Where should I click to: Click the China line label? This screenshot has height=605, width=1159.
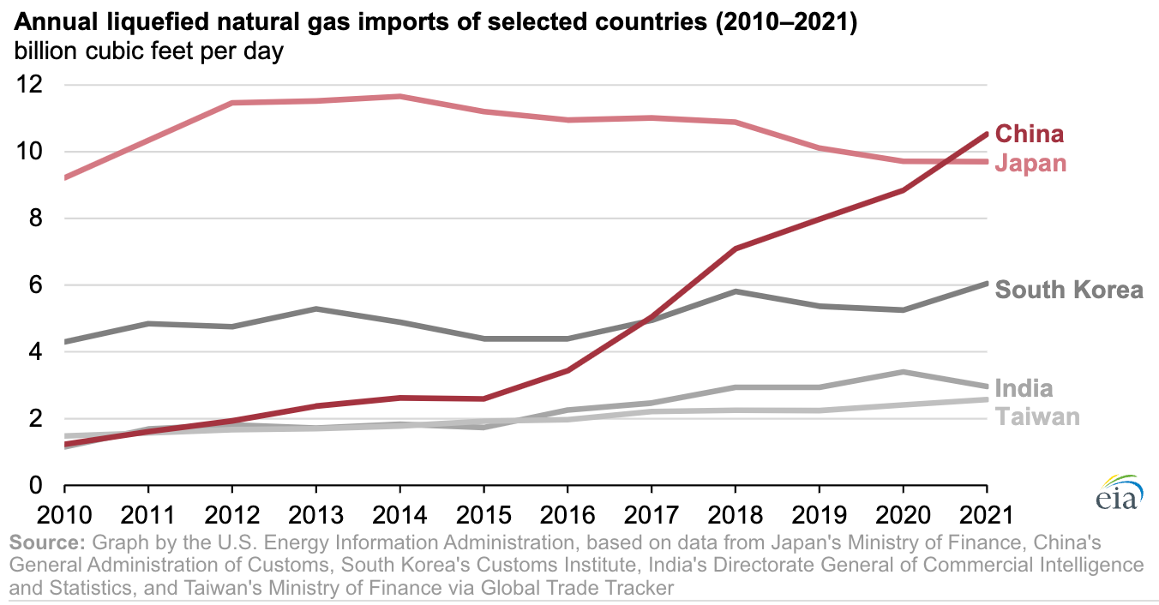coord(1030,134)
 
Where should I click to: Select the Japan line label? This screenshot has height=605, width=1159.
coord(1030,163)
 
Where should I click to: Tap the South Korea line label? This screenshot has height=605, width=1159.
coord(1069,290)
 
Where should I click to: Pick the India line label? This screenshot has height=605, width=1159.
coord(1024,388)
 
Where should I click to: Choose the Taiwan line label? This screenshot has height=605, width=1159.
coord(1036,416)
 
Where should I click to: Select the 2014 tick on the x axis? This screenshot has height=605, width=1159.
coord(400,515)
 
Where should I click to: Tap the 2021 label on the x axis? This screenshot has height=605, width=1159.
coord(986,515)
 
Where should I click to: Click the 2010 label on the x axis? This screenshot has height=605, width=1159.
coord(65,515)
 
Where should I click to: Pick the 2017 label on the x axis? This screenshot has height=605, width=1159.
coord(652,515)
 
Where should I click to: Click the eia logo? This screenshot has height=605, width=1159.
coord(1116,494)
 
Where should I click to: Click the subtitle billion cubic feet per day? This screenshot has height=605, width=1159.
coord(148,51)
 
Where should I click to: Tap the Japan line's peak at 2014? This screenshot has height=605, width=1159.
coord(400,96)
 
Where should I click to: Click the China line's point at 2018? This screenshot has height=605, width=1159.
coord(736,249)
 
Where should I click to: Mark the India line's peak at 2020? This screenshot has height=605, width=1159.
coord(903,372)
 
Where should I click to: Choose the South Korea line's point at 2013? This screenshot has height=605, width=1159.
coord(316,308)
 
